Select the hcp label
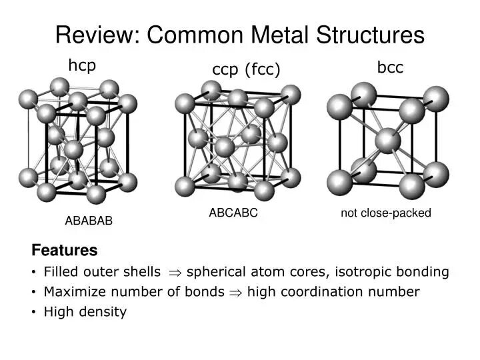coord(83,66)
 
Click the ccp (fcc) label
coord(246,70)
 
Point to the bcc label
coord(390,68)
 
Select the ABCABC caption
coord(233,213)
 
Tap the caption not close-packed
coord(386,213)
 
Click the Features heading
coord(65,251)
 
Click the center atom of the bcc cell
coord(387,141)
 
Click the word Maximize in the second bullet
coord(71,292)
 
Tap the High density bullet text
coord(85,311)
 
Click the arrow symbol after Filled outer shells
coord(175,272)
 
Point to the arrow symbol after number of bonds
coord(235,292)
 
